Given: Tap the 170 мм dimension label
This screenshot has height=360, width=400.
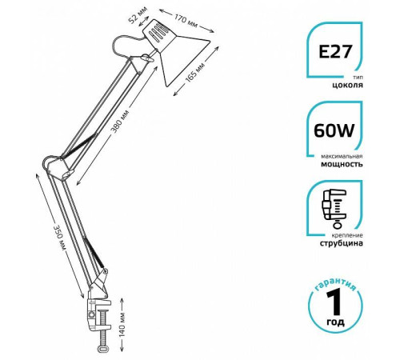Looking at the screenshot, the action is click(x=186, y=21).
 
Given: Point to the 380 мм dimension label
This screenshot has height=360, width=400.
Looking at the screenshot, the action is click(x=121, y=122).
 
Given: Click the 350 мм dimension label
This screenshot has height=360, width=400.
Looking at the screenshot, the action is click(x=60, y=238).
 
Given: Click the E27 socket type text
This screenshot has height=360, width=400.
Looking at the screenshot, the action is click(x=335, y=51).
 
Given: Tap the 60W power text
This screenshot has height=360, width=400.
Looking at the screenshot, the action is click(x=334, y=130).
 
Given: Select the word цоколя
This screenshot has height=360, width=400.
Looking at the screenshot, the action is click(x=347, y=86).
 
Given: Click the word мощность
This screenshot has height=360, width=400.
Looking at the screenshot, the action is click(x=342, y=164).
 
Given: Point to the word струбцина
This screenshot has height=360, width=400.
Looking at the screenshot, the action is click(x=341, y=243).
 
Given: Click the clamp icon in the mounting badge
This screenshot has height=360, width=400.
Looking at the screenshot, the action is click(x=334, y=209).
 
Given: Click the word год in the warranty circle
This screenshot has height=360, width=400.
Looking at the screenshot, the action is click(x=335, y=322).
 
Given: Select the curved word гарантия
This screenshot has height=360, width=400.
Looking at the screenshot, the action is click(x=335, y=284).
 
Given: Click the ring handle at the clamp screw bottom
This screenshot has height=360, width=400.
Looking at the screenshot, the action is click(x=103, y=349).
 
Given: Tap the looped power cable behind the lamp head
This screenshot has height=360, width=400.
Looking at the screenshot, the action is click(x=126, y=46).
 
